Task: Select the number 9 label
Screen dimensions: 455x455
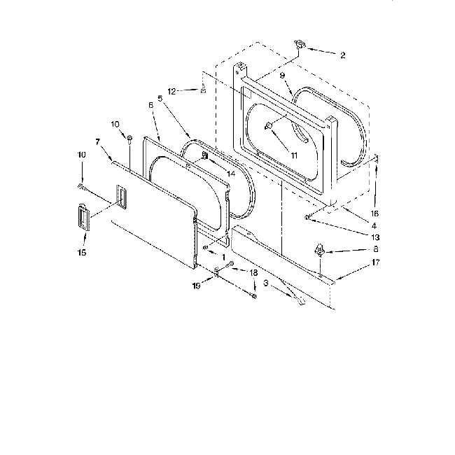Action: tap(281, 76)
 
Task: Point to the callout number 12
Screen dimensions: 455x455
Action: tap(171, 90)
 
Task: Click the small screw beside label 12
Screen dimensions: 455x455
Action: tap(202, 89)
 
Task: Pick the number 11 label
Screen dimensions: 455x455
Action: tap(294, 155)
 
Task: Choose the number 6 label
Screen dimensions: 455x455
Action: tap(150, 105)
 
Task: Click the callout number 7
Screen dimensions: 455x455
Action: tap(97, 142)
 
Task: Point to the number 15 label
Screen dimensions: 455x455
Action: tap(81, 253)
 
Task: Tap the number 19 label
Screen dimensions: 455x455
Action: tap(197, 286)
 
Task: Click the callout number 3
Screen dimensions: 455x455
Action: tap(265, 283)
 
